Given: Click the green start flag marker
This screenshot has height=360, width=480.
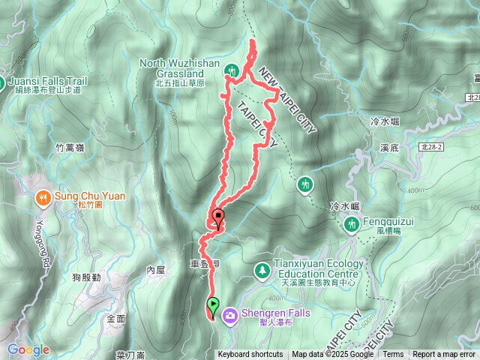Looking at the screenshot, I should point(214,306).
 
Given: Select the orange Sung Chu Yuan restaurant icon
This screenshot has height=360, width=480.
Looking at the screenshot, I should point(43,197).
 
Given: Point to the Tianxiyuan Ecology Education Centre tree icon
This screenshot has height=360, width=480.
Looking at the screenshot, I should point(262,269).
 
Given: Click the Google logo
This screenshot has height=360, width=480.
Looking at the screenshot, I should point(28,349).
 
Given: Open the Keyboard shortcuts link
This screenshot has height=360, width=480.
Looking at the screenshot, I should point(250,355).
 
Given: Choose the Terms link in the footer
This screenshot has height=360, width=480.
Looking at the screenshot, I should point(393,355).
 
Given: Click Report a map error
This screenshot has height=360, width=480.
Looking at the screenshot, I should point(444,355).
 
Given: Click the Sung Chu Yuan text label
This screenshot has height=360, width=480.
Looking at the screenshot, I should point(90,196).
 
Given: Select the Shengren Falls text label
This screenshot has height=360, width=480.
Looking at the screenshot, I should point(268,313).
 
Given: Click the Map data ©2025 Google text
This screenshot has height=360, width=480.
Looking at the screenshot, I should point(333,355).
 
